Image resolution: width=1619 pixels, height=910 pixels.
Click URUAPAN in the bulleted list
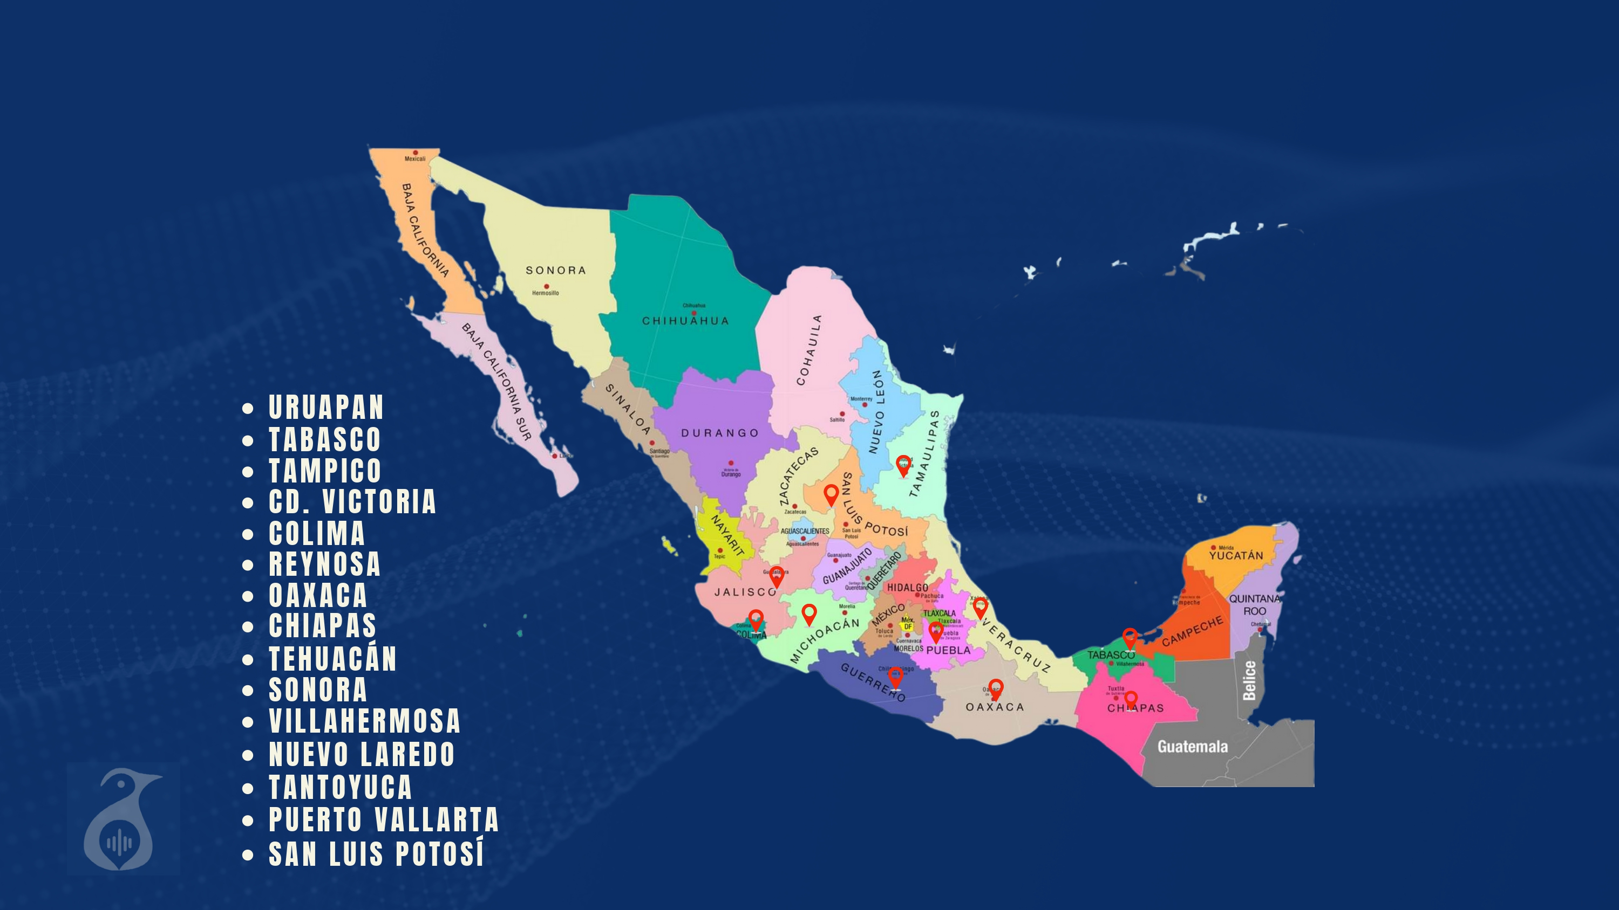pyautogui.click(x=325, y=408)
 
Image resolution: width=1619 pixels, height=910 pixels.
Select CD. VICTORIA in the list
pyautogui.click(x=352, y=502)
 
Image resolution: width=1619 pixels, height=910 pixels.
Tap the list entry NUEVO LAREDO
pyautogui.click(x=362, y=754)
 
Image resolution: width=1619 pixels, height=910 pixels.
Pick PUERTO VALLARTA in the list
pyautogui.click(x=383, y=819)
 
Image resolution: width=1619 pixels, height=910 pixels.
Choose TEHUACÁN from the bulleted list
pyautogui.click(x=332, y=659)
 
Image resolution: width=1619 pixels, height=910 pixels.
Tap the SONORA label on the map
pyautogui.click(x=556, y=271)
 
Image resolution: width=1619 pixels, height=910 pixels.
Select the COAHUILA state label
pyautogui.click(x=809, y=350)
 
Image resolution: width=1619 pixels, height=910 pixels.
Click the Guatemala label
pyautogui.click(x=1192, y=747)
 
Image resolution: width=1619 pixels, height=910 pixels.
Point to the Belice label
pyautogui.click(x=1249, y=680)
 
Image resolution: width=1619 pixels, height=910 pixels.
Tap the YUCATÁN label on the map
pyautogui.click(x=1236, y=556)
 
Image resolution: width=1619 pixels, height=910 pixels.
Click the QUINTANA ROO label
pyautogui.click(x=1255, y=605)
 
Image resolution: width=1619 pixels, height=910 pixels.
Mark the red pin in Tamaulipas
pyautogui.click(x=903, y=465)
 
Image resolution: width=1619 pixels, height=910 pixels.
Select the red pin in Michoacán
pyautogui.click(x=809, y=613)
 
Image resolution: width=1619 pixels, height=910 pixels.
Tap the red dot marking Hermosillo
pyautogui.click(x=546, y=286)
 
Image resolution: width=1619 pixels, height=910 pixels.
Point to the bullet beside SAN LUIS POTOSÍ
pyautogui.click(x=248, y=854)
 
